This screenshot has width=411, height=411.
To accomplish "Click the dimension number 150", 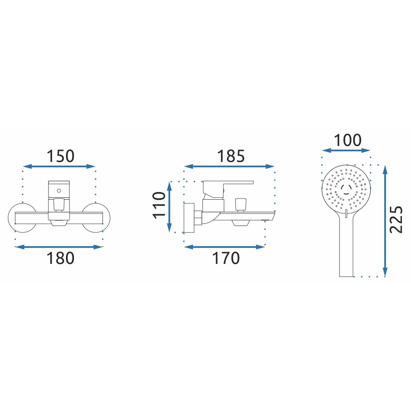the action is coord(60,156).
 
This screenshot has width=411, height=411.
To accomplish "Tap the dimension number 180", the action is coord(60,258).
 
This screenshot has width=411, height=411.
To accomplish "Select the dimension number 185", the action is coord(231,156).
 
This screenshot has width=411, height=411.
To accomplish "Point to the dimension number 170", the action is coord(226,258).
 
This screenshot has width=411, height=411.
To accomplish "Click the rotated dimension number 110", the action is coord(159,205).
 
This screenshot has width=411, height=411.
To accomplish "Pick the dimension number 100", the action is coord(348,141).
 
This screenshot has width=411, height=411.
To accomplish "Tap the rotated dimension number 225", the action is coord(396,219).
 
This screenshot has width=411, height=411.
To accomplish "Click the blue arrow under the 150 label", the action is coord(59,166).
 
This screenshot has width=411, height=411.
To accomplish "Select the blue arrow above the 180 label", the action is coord(59,247).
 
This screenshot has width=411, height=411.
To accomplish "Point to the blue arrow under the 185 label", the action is coord(229,166).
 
